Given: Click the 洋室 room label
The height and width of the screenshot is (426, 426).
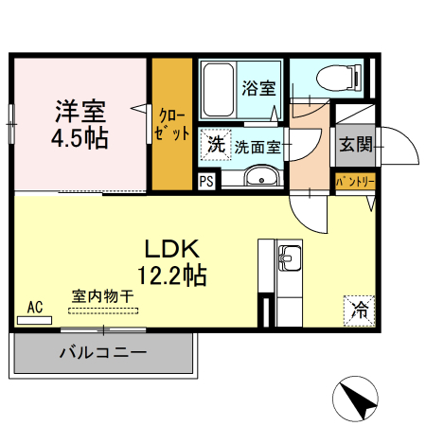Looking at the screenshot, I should pos(79,110).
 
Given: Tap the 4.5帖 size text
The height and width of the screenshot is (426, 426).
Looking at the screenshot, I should pos(79,137).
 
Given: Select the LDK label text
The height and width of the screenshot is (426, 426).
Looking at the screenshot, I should pos(170,249).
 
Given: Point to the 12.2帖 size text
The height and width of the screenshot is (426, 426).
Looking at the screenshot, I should pos(170,276).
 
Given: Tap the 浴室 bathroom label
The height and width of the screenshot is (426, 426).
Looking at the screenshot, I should pos(258,90).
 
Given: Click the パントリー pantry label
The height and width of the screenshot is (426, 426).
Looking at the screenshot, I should pos(357,181).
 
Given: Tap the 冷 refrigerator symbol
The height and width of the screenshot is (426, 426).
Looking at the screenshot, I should pos(359,308).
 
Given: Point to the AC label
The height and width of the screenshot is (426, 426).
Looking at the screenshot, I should pos(35,307).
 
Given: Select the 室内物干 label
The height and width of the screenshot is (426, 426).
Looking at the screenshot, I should pos(103,296).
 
